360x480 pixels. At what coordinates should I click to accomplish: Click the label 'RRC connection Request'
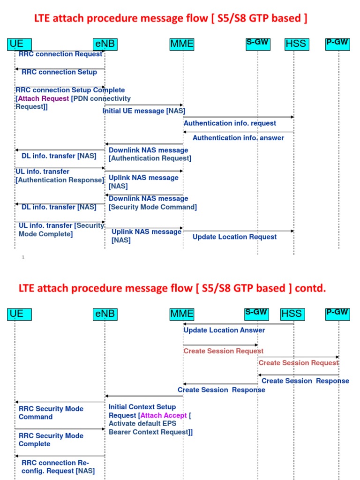tap(60, 54)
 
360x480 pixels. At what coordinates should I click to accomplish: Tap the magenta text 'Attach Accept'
tap(164, 415)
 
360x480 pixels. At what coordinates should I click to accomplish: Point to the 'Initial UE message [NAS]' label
tap(144, 111)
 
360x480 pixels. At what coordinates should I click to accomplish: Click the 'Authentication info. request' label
tap(230, 123)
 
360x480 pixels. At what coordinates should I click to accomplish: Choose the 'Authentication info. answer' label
tap(238, 138)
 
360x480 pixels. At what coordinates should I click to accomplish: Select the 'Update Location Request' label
tap(234, 237)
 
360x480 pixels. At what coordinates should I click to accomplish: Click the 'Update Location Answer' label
tap(224, 330)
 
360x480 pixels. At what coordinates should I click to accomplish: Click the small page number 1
tap(23, 257)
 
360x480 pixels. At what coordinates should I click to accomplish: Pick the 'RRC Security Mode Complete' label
tap(51, 440)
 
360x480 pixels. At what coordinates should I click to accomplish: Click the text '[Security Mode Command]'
tap(152, 207)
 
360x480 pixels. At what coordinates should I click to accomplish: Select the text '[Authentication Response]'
tap(60, 180)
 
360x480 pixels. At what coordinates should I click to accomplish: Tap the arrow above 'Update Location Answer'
tap(238, 324)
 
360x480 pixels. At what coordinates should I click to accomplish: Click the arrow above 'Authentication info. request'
tap(238, 117)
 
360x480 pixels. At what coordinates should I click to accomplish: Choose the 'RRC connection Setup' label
tap(59, 72)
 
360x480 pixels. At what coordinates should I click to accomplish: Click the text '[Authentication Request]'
tap(150, 158)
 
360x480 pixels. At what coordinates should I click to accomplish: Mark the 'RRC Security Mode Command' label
tap(51, 412)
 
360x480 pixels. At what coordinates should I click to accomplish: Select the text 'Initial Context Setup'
tap(142, 407)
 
